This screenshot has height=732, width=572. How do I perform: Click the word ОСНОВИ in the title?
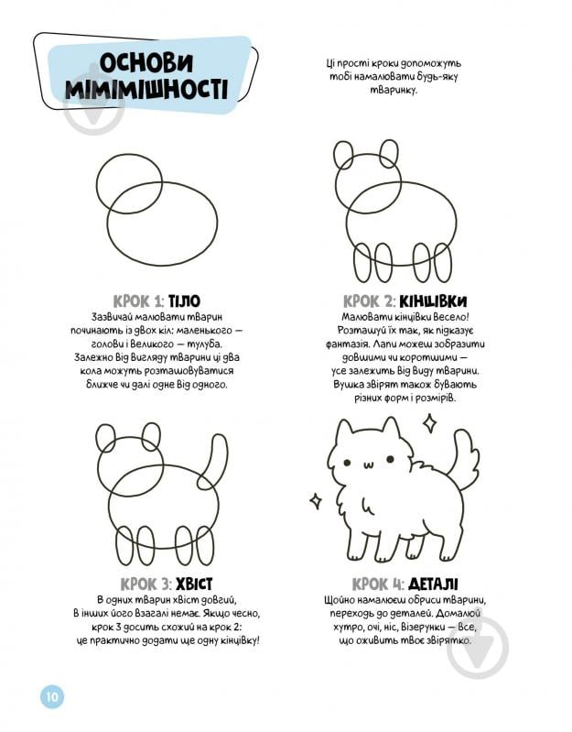[146, 63]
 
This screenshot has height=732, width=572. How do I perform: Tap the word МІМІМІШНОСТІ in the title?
[146, 89]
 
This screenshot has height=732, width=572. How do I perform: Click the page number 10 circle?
[52, 696]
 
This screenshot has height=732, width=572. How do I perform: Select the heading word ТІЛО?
[184, 301]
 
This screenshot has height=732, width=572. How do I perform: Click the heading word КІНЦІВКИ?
[433, 301]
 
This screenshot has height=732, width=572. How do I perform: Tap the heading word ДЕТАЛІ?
[433, 584]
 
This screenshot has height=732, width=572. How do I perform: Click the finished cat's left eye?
[347, 462]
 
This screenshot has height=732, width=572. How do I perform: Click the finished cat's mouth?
[369, 465]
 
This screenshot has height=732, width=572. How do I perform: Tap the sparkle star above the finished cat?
[429, 423]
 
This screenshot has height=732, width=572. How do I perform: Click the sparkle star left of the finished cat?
[316, 500]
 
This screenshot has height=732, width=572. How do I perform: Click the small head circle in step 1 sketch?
[97, 183]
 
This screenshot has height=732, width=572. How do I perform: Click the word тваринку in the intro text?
[394, 90]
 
